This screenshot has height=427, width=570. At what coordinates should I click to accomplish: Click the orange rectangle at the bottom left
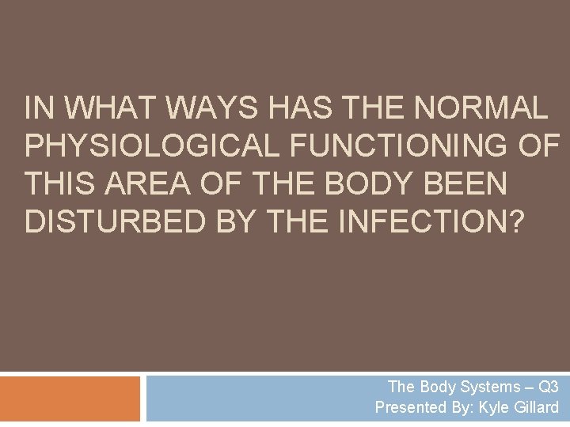click(70, 399)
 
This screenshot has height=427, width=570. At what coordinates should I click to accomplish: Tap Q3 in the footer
click(547, 387)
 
